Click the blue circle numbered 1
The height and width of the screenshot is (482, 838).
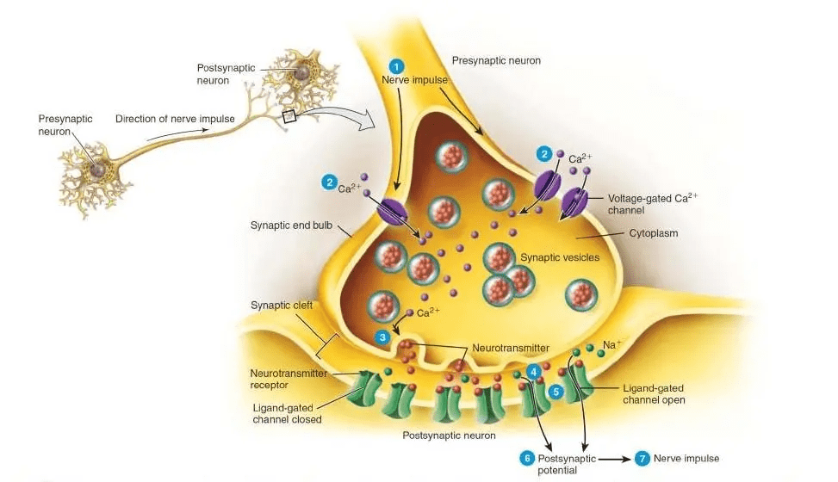pyautogui.click(x=396, y=67)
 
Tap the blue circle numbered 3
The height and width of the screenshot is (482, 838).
pyautogui.click(x=382, y=337)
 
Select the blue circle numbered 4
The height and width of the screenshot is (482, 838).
pyautogui.click(x=533, y=371)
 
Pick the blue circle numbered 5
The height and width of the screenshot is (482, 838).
pyautogui.click(x=556, y=392)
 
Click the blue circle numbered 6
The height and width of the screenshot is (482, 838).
pyautogui.click(x=527, y=459)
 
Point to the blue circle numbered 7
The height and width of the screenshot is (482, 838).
pyautogui.click(x=642, y=459)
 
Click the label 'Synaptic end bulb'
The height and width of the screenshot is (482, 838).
pyautogui.click(x=291, y=226)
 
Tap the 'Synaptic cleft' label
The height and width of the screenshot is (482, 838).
pyautogui.click(x=282, y=306)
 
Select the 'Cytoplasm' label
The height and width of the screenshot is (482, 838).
pyautogui.click(x=653, y=233)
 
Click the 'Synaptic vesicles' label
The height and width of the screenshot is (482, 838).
pyautogui.click(x=560, y=257)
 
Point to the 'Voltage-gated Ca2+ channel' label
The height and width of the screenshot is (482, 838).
pyautogui.click(x=653, y=204)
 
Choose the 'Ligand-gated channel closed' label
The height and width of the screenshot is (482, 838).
pyautogui.click(x=287, y=414)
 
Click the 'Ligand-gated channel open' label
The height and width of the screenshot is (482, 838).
pyautogui.click(x=654, y=394)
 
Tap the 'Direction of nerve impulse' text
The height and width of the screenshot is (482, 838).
pyautogui.click(x=176, y=119)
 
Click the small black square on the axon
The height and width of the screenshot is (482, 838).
pyautogui.click(x=289, y=116)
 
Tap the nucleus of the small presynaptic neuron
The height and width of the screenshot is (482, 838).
pyautogui.click(x=98, y=170)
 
